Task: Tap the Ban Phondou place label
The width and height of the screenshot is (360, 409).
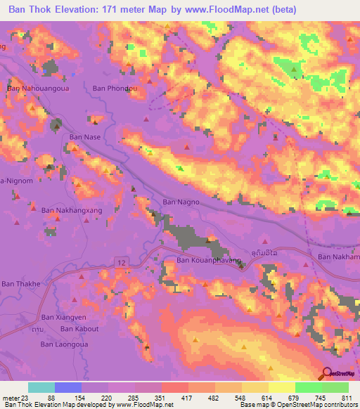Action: point(115,89)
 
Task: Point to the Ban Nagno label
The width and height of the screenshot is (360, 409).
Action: point(181,202)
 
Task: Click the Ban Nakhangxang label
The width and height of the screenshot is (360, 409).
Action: point(72,210)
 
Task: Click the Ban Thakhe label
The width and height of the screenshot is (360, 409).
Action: point(21,283)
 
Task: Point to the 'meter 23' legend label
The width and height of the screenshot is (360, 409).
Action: point(15,398)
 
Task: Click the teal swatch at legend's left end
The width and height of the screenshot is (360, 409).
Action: point(41,387)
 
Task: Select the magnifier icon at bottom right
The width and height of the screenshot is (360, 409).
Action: point(326,373)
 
